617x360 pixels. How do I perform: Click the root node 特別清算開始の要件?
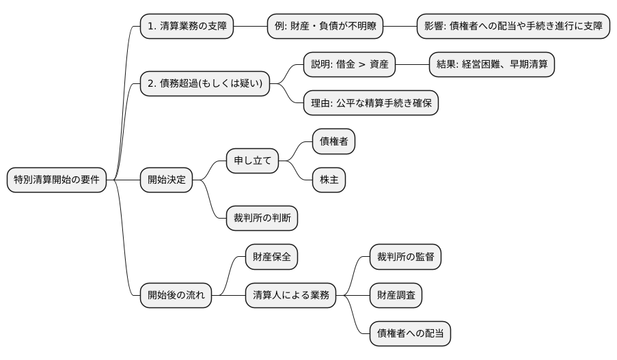click(x=57, y=180)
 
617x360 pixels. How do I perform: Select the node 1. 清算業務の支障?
click(x=187, y=27)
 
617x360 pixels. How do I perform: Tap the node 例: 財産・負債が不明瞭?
click(x=325, y=27)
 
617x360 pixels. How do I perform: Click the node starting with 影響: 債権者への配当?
click(x=513, y=27)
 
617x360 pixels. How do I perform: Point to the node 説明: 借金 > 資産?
click(x=349, y=65)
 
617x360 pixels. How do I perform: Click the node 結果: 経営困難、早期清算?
click(x=492, y=65)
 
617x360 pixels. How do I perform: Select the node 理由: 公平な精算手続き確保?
click(x=371, y=103)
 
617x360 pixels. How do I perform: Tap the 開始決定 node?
click(x=166, y=180)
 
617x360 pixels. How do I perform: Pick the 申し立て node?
click(x=253, y=161)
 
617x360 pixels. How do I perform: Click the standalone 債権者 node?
click(x=334, y=141)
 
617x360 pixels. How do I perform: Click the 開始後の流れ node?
click(x=176, y=295)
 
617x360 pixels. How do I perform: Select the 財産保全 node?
click(x=271, y=257)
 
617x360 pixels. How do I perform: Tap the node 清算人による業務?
click(x=291, y=295)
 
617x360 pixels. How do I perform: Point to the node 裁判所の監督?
click(x=405, y=257)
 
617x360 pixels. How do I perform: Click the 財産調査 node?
click(x=396, y=295)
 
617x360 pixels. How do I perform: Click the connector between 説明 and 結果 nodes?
click(x=412, y=65)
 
